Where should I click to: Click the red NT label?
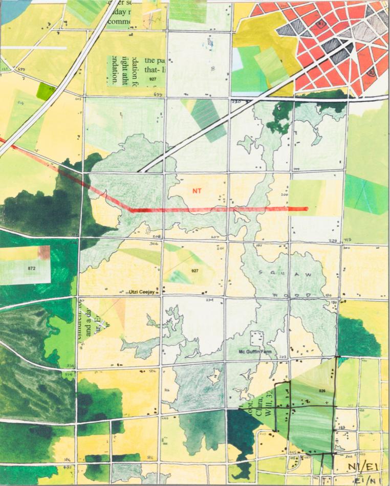[197, 191]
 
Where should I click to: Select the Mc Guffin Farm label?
[254, 352]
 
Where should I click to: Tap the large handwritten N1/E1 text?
[361, 466]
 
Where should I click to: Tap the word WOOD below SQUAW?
[293, 296]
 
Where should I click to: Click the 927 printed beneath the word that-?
[153, 79]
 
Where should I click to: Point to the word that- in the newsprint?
[154, 67]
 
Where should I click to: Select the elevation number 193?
[340, 427]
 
